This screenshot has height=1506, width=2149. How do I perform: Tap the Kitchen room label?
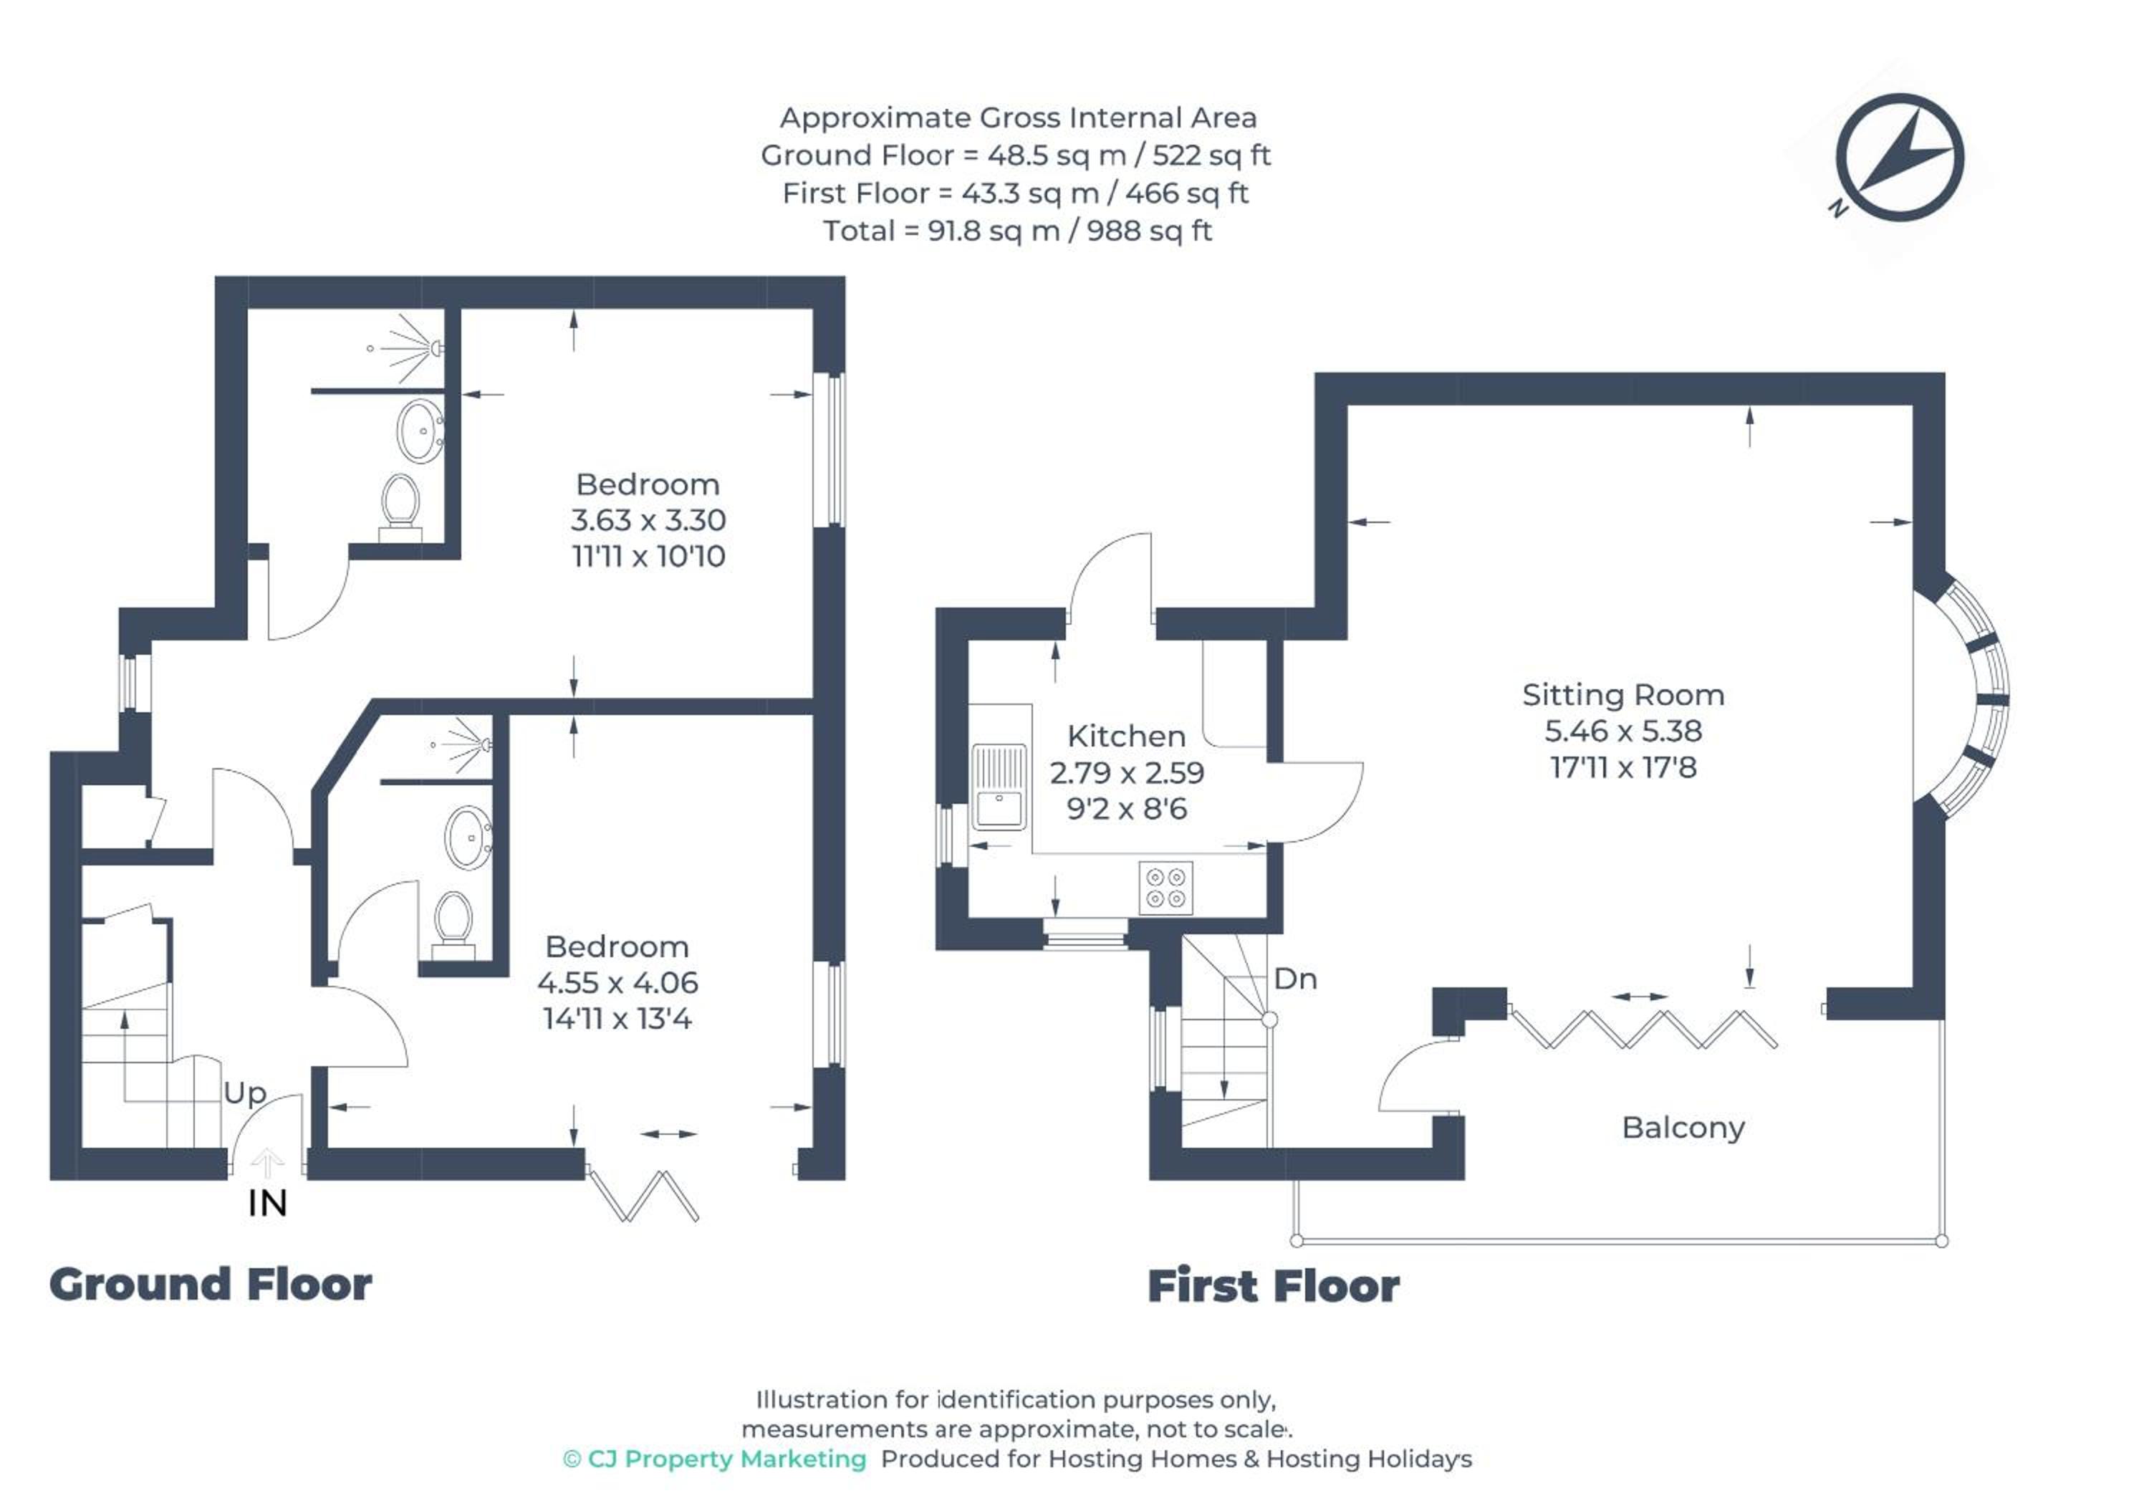point(1126,736)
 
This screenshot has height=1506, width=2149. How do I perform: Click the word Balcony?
point(1683,1128)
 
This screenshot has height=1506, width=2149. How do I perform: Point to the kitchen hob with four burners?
point(1166,887)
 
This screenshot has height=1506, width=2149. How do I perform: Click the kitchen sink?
point(999,787)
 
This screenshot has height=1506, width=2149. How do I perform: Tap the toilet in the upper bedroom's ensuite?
point(400,508)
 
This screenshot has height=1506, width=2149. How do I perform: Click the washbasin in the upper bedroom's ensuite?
point(421,431)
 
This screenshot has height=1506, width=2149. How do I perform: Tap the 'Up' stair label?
point(244,1093)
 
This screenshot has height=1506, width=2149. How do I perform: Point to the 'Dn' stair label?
point(1295,979)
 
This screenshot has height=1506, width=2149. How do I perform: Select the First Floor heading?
point(1274,1286)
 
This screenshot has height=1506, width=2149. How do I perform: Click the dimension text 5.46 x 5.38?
point(1623,731)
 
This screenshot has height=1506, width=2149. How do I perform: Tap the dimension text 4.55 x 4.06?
point(617,983)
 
